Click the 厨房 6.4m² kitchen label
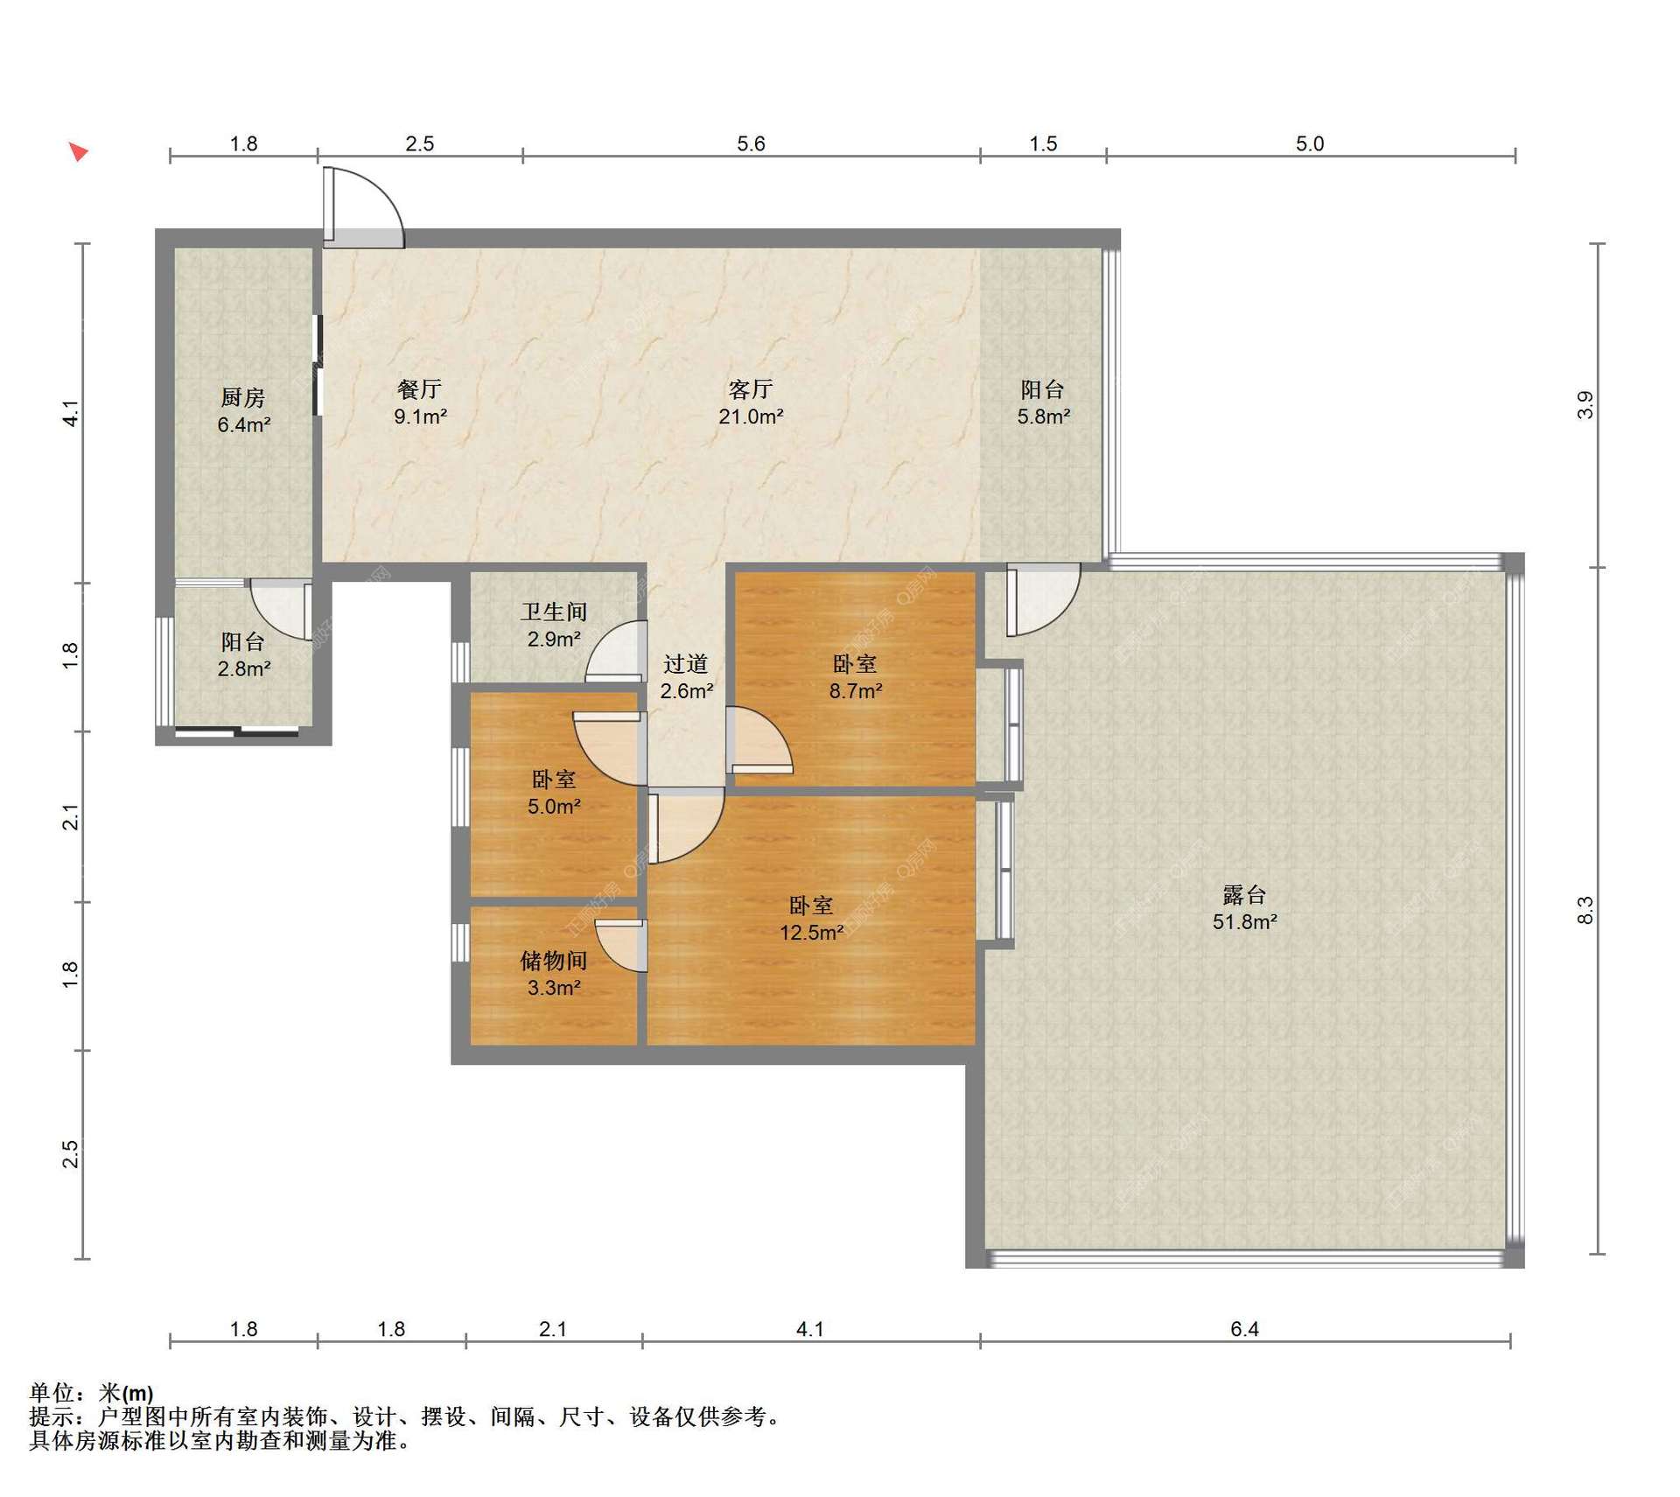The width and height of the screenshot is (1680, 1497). click(243, 411)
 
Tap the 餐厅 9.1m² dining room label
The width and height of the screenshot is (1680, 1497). click(420, 402)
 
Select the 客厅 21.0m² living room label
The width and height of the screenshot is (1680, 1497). click(751, 402)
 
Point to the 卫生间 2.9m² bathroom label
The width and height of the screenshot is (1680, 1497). click(554, 626)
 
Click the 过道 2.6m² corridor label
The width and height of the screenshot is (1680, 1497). click(686, 677)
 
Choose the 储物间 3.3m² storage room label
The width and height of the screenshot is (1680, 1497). click(554, 974)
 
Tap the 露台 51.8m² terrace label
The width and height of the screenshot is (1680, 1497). click(1244, 908)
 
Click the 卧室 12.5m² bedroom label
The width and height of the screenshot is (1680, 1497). click(811, 919)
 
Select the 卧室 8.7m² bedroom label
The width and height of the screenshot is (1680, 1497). click(855, 677)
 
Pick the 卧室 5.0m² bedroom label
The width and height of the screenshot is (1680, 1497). click(554, 793)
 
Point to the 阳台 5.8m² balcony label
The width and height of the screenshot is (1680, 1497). click(1043, 402)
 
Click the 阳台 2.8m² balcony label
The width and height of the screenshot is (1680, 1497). click(243, 655)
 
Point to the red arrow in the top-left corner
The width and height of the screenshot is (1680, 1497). click(79, 152)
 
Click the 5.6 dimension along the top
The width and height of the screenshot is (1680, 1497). click(751, 143)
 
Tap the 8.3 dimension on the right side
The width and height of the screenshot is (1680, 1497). click(1585, 911)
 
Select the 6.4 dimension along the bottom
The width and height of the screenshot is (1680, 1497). click(1244, 1329)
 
